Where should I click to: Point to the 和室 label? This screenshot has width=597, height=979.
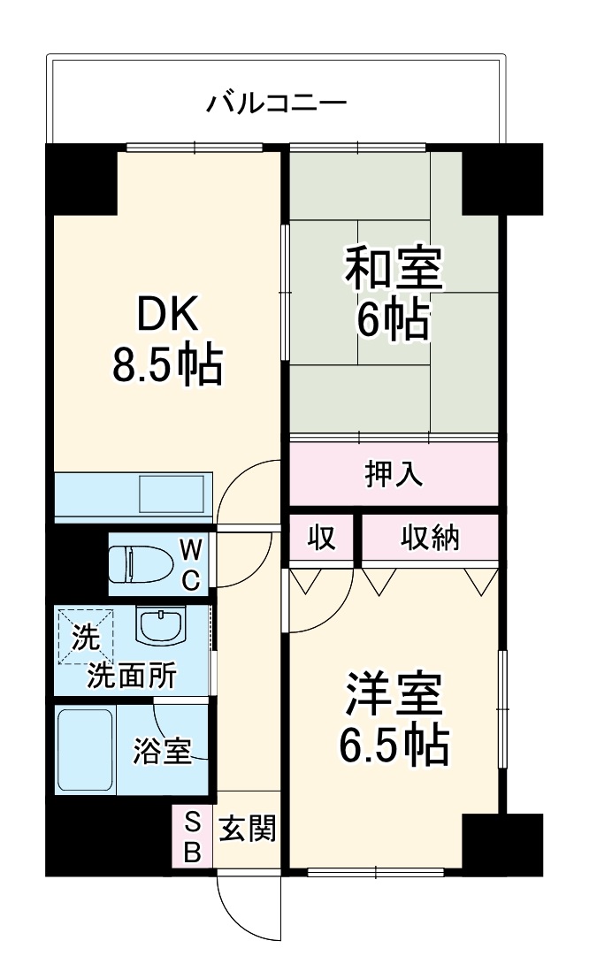click(x=394, y=269)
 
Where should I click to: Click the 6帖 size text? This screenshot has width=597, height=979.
click(x=394, y=319)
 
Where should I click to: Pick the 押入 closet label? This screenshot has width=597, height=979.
click(x=394, y=474)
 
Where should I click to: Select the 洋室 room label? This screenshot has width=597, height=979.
click(x=394, y=693)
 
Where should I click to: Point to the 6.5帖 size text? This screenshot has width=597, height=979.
click(x=394, y=745)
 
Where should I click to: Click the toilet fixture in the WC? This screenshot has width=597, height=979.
click(x=142, y=564)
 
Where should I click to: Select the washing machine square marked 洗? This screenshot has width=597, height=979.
click(x=86, y=636)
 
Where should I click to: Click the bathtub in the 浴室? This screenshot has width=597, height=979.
click(x=85, y=750)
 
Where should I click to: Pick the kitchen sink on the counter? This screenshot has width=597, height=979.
click(x=172, y=493)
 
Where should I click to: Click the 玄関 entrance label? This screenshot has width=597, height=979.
click(x=248, y=830)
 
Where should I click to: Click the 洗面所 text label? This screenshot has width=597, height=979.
click(x=132, y=675)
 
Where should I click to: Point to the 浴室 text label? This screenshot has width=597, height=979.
click(x=162, y=751)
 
